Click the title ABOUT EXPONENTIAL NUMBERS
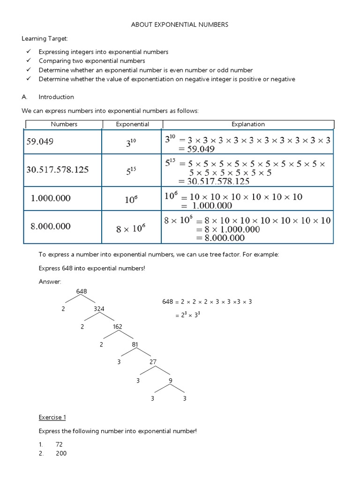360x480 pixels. coord(180,24)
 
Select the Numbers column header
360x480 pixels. coord(64,124)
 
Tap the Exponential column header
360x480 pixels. coord(132,124)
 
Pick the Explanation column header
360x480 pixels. coord(248,124)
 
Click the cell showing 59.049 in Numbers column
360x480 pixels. coord(40,142)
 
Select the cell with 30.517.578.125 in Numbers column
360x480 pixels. coord(57,170)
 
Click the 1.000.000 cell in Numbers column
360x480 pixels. coord(51,198)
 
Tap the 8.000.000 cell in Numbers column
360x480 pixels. coord(51,226)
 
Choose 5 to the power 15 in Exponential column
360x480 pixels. coord(131,172)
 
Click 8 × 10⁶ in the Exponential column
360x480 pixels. coord(131,229)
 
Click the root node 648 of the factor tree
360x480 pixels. coord(82,292)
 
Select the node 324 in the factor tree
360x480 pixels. coord(99,309)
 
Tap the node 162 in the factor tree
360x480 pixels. coord(117,327)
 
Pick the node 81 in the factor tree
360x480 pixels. coord(135,345)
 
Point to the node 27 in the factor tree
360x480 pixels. coord(153,362)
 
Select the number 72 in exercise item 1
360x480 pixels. coord(59,444)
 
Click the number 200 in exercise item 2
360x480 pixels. coord(61,453)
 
